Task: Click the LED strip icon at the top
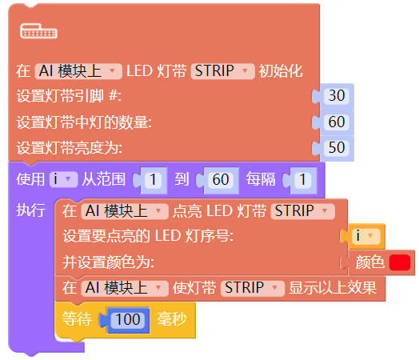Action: pyautogui.click(x=38, y=31)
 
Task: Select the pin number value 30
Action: pyautogui.click(x=337, y=96)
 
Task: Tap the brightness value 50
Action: pyautogui.click(x=337, y=147)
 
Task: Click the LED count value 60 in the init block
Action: pyautogui.click(x=337, y=122)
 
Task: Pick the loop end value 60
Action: pyautogui.click(x=221, y=179)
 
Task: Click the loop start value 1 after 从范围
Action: pyautogui.click(x=153, y=179)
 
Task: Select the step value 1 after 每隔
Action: pyautogui.click(x=303, y=179)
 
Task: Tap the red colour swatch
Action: pyautogui.click(x=400, y=262)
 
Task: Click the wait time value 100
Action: pyautogui.click(x=128, y=319)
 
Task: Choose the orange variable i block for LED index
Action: pyautogui.click(x=365, y=236)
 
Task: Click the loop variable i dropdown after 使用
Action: pyautogui.click(x=64, y=178)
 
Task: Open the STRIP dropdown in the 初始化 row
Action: pyautogui.click(x=222, y=71)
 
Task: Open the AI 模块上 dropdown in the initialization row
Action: pyautogui.click(x=78, y=71)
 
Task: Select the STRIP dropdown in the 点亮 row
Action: pyautogui.click(x=302, y=211)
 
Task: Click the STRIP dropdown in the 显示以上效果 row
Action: pyautogui.click(x=253, y=288)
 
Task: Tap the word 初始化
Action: pyautogui.click(x=281, y=71)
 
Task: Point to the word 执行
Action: pyautogui.click(x=30, y=210)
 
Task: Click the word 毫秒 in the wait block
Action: pyautogui.click(x=172, y=319)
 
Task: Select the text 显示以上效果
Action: pyautogui.click(x=333, y=288)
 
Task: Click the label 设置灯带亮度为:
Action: pyautogui.click(x=70, y=148)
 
